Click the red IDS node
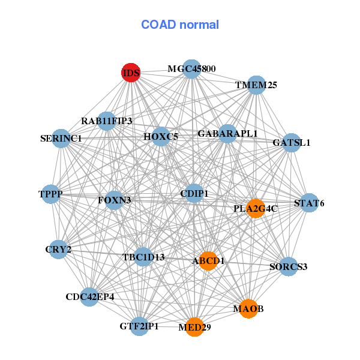point(131,73)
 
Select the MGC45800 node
point(191,69)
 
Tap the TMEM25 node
point(256,85)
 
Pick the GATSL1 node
point(291,143)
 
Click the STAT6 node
point(309,203)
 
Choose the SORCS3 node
point(289,266)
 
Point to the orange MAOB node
point(248,308)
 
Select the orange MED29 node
point(194,327)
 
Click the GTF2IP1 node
point(139,326)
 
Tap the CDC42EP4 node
point(89,296)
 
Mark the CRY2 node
point(58,249)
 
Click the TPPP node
point(51,194)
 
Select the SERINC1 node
point(61,139)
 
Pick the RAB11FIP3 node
point(106,121)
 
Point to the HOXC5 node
point(161,137)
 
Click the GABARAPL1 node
point(227,133)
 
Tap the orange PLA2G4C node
point(256,209)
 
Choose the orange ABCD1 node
point(208,261)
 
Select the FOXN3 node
point(114,199)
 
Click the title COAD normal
point(180,25)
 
